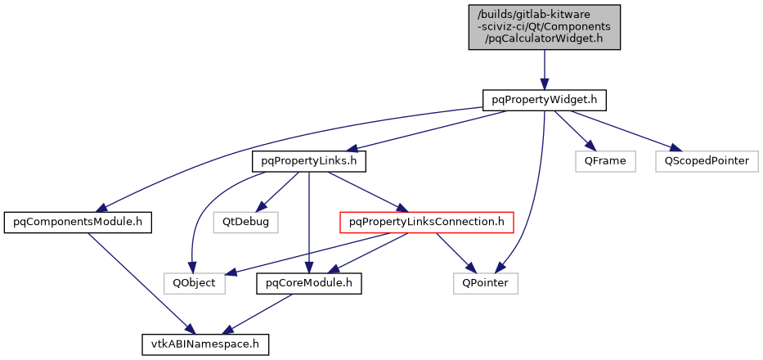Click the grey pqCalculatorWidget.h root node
coord(544,27)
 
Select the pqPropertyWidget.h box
coord(544,100)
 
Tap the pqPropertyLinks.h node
coord(308,161)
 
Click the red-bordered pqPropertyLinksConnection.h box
coord(426,221)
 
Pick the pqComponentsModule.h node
coord(78,221)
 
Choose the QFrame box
coord(604,161)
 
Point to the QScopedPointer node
coord(704,161)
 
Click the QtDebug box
coord(245,221)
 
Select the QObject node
coord(194,283)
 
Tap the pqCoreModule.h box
coord(308,283)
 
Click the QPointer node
coord(485,283)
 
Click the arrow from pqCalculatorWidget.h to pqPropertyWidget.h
coord(544,69)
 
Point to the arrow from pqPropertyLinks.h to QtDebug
coord(277,191)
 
